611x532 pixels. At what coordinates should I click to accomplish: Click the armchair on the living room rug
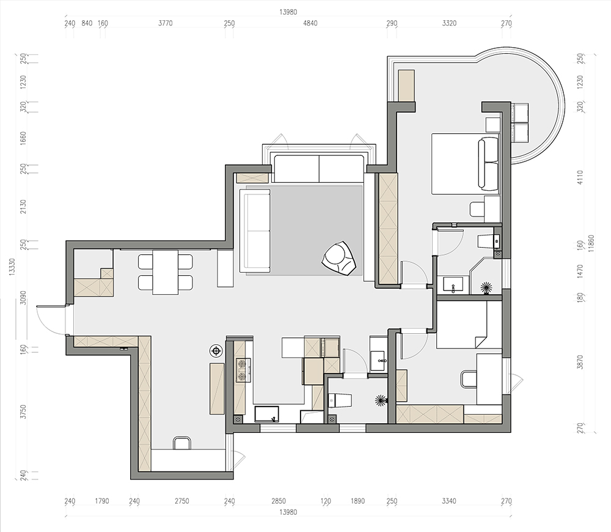tap(339, 258)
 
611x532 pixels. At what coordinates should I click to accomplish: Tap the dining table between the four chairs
tap(165, 272)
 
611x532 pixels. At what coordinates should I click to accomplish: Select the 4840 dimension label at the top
tap(310, 23)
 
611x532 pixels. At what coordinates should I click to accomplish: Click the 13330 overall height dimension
tap(12, 268)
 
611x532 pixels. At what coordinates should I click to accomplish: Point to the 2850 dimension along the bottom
tap(278, 501)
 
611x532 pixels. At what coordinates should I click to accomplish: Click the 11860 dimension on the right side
tap(591, 244)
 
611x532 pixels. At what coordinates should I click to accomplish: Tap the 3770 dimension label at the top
tap(165, 23)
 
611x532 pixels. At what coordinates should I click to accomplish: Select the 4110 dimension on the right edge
tap(580, 177)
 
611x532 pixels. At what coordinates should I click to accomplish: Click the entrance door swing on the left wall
tap(51, 320)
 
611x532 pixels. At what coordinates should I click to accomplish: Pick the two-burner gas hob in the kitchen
tap(243, 370)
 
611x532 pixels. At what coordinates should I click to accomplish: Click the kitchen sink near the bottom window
tap(267, 414)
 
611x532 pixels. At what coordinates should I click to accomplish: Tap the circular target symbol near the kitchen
tap(216, 351)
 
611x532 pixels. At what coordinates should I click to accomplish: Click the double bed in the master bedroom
tap(465, 164)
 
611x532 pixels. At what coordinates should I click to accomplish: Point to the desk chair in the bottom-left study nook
tap(181, 443)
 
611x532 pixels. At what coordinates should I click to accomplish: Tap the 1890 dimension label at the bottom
tap(357, 501)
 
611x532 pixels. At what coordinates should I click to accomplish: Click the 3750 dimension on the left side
tap(23, 412)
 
